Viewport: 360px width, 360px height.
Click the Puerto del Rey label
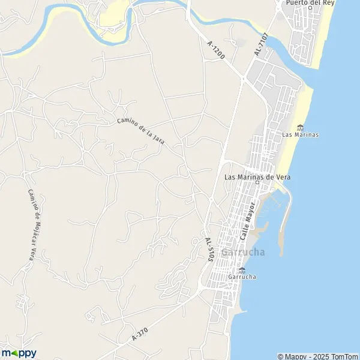click(x=310, y=2)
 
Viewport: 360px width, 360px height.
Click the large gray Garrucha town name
click(x=242, y=253)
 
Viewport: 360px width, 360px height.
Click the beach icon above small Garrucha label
click(x=242, y=270)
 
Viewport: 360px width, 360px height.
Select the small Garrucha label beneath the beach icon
click(x=242, y=277)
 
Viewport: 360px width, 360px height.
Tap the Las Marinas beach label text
click(x=300, y=134)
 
